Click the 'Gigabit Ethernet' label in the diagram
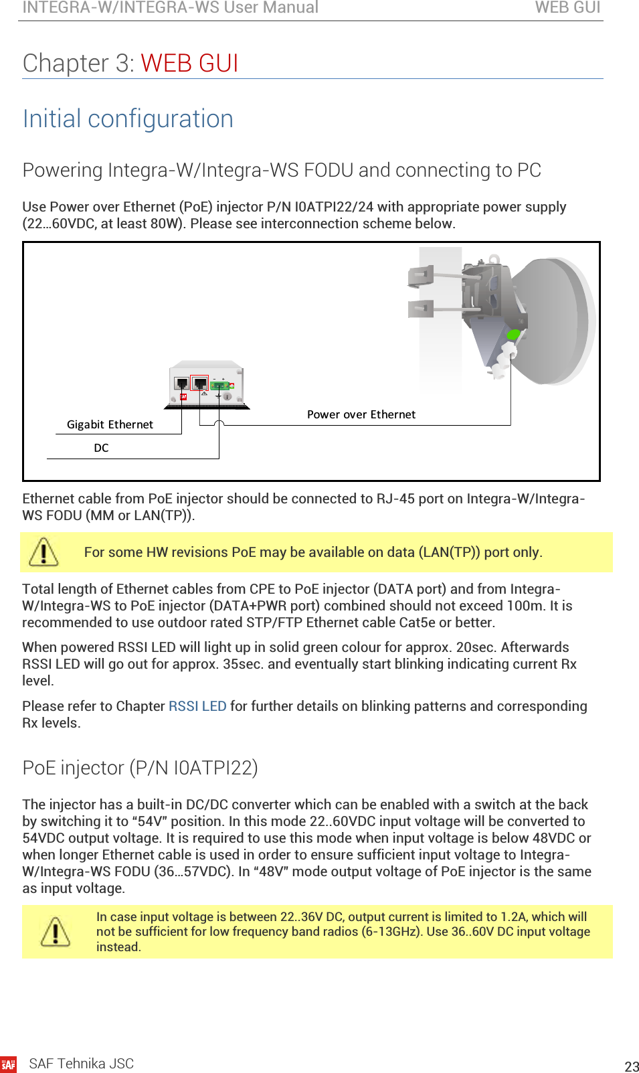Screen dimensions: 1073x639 [x=110, y=424]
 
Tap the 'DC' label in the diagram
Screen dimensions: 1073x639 [x=101, y=448]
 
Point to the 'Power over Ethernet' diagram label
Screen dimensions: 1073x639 [x=361, y=414]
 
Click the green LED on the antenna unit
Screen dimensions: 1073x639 [x=513, y=335]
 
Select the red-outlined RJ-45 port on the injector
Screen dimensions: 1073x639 [x=199, y=383]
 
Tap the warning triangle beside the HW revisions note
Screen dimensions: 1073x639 [x=43, y=552]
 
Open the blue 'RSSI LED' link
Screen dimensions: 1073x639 [x=197, y=706]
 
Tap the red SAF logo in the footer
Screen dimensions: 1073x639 [x=8, y=1064]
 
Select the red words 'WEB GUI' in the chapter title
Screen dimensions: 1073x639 [x=189, y=63]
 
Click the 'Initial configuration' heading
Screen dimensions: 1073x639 [x=128, y=118]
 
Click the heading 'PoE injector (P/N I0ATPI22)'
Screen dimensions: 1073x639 [x=140, y=767]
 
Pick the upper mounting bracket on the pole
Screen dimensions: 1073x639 [x=421, y=274]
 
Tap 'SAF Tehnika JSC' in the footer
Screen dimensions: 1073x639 [x=81, y=1064]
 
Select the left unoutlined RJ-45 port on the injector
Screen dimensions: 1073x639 [x=181, y=384]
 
